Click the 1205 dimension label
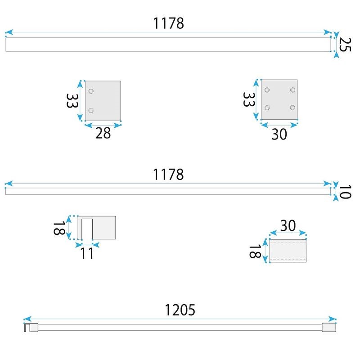click(x=180, y=310)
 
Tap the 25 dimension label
click(x=345, y=45)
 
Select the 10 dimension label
click(x=345, y=192)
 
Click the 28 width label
click(x=103, y=133)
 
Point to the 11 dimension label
click(x=87, y=253)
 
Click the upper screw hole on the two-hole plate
click(x=91, y=91)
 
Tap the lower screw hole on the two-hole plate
click(x=91, y=110)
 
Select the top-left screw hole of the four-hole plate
click(x=267, y=90)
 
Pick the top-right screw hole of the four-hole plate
click(x=292, y=90)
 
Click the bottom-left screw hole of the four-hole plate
click(x=267, y=108)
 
